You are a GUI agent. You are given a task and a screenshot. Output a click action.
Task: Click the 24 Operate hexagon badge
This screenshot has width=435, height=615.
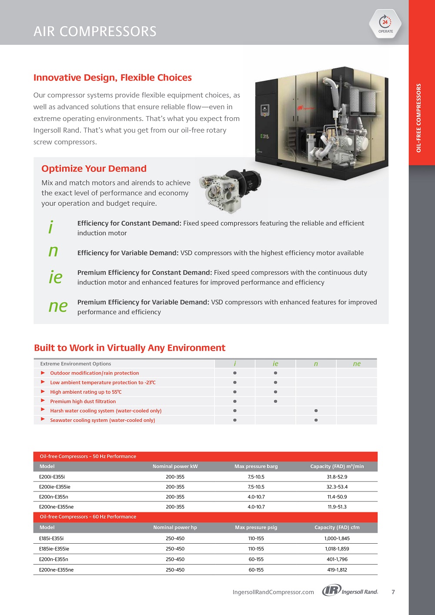[385, 24]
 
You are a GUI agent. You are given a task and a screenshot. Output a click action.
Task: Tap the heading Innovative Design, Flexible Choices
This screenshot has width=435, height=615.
[113, 78]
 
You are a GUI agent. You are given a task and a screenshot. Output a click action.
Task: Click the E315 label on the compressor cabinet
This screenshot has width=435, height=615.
[264, 137]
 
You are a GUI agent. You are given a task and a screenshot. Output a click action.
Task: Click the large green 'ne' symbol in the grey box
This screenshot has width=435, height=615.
[58, 306]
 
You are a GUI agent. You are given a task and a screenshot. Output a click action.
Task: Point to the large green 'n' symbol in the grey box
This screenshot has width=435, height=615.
[53, 251]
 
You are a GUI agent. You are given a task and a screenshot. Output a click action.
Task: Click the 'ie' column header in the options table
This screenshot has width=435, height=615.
[275, 364]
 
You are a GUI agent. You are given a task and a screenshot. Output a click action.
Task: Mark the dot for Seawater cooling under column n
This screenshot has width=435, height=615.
[316, 420]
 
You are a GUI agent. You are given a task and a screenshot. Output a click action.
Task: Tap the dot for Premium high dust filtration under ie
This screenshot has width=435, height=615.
[275, 401]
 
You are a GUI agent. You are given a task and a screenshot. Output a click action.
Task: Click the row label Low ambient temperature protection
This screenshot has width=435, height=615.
[103, 383]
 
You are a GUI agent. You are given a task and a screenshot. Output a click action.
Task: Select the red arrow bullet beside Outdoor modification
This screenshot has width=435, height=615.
[43, 373]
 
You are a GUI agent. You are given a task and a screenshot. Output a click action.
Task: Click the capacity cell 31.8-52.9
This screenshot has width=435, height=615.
[337, 477]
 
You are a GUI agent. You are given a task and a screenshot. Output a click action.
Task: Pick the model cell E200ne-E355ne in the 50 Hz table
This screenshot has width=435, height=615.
[57, 507]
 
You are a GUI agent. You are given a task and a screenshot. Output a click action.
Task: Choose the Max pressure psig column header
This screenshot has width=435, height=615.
[256, 527]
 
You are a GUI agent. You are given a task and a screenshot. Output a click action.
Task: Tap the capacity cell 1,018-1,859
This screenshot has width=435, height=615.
[337, 549]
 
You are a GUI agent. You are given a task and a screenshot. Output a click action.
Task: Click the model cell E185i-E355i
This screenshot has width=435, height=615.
[51, 538]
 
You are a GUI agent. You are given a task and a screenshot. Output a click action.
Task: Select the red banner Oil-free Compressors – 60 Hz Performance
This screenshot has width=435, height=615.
[88, 517]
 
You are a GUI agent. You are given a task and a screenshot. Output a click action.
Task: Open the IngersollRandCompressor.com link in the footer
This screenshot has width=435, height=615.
[273, 592]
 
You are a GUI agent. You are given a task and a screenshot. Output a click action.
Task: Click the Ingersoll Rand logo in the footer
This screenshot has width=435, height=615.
[350, 591]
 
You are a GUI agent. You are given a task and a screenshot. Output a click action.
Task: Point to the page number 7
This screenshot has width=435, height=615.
[393, 592]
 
